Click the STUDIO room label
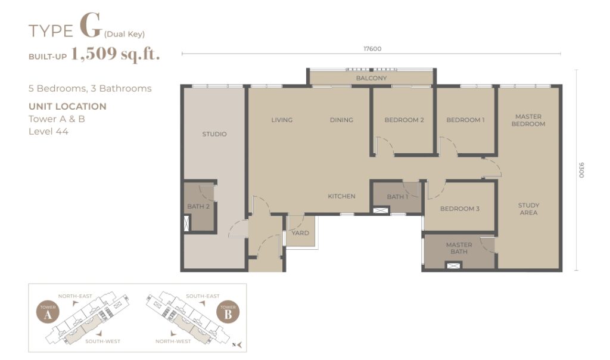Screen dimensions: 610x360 [x=214, y=134]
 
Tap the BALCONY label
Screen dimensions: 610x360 [x=372, y=78]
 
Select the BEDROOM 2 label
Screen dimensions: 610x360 [x=404, y=120]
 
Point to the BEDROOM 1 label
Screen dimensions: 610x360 [x=466, y=120]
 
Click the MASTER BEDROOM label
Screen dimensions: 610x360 [x=528, y=120]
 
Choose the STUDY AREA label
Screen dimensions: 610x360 [x=529, y=209]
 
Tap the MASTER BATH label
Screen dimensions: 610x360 [x=459, y=248]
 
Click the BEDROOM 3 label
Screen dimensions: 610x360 [x=460, y=209]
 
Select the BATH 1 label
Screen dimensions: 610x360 [x=397, y=197]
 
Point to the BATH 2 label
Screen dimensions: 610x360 [x=198, y=206]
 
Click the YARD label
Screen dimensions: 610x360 [x=300, y=232]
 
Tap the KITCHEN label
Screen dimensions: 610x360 [x=341, y=196]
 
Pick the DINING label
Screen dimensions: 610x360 [x=341, y=120]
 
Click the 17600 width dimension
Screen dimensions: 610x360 [x=372, y=49]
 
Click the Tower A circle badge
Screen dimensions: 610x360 [x=48, y=312]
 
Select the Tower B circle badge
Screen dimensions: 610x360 [x=228, y=312]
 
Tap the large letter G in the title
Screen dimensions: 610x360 [x=91, y=26]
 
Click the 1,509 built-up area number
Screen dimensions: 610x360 [x=94, y=54]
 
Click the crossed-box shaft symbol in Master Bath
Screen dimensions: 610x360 [x=453, y=266]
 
